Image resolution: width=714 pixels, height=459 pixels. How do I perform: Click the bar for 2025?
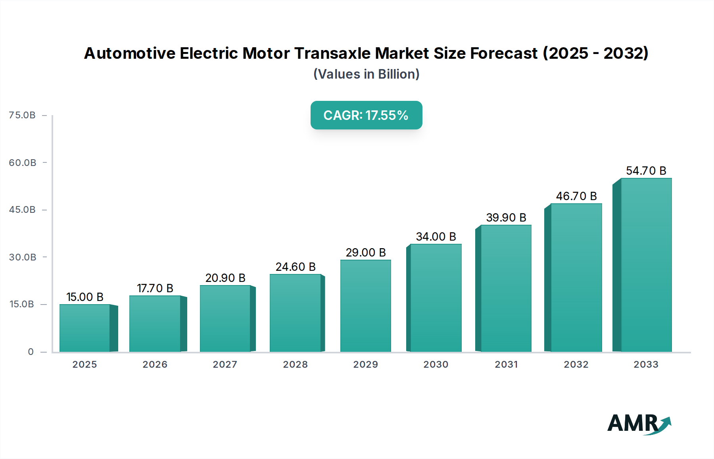pyautogui.click(x=84, y=328)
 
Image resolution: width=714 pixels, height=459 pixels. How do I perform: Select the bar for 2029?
pyautogui.click(x=365, y=306)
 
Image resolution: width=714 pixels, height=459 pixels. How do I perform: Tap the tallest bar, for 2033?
pyautogui.click(x=646, y=265)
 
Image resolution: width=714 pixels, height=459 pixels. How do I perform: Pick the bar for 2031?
pyautogui.click(x=506, y=288)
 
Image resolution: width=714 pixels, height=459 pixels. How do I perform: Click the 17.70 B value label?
pyautogui.click(x=155, y=288)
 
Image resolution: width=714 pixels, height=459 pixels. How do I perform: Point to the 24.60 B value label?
pyautogui.click(x=296, y=267)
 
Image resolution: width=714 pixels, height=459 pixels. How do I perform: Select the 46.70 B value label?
pyautogui.click(x=576, y=196)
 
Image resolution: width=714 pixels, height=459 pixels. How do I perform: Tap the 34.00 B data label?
pyautogui.click(x=436, y=237)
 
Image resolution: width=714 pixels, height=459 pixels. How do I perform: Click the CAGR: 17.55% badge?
pyautogui.click(x=366, y=115)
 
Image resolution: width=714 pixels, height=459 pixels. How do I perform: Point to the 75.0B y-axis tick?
pyautogui.click(x=22, y=115)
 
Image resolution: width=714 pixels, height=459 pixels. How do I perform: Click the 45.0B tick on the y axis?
pyautogui.click(x=22, y=210)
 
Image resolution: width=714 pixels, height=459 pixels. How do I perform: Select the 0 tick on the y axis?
pyautogui.click(x=31, y=352)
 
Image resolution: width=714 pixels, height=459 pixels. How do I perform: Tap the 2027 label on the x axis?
pyautogui.click(x=225, y=364)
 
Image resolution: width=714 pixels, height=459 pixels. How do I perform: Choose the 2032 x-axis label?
pyautogui.click(x=576, y=364)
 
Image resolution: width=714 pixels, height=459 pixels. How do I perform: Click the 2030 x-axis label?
pyautogui.click(x=436, y=364)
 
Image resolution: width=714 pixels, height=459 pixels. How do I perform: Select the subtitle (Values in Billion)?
pyautogui.click(x=366, y=74)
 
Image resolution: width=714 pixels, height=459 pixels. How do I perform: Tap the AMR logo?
pyautogui.click(x=639, y=423)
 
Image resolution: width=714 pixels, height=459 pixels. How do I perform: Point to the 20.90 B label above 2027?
pyautogui.click(x=225, y=278)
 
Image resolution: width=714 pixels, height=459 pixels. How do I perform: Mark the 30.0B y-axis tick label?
pyautogui.click(x=23, y=257)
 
